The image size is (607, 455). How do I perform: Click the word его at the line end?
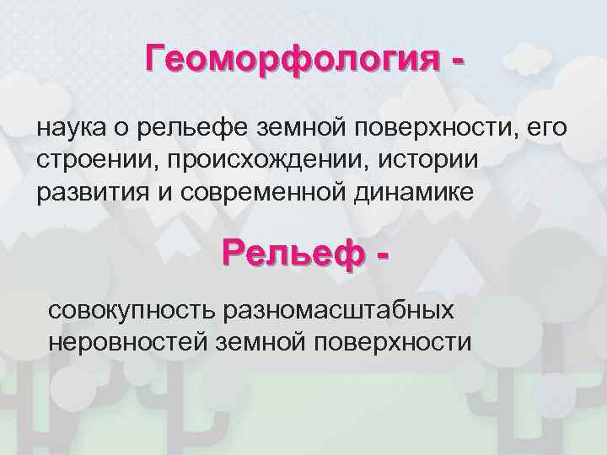pos(548,128)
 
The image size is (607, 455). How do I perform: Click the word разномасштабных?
pos(338,310)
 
